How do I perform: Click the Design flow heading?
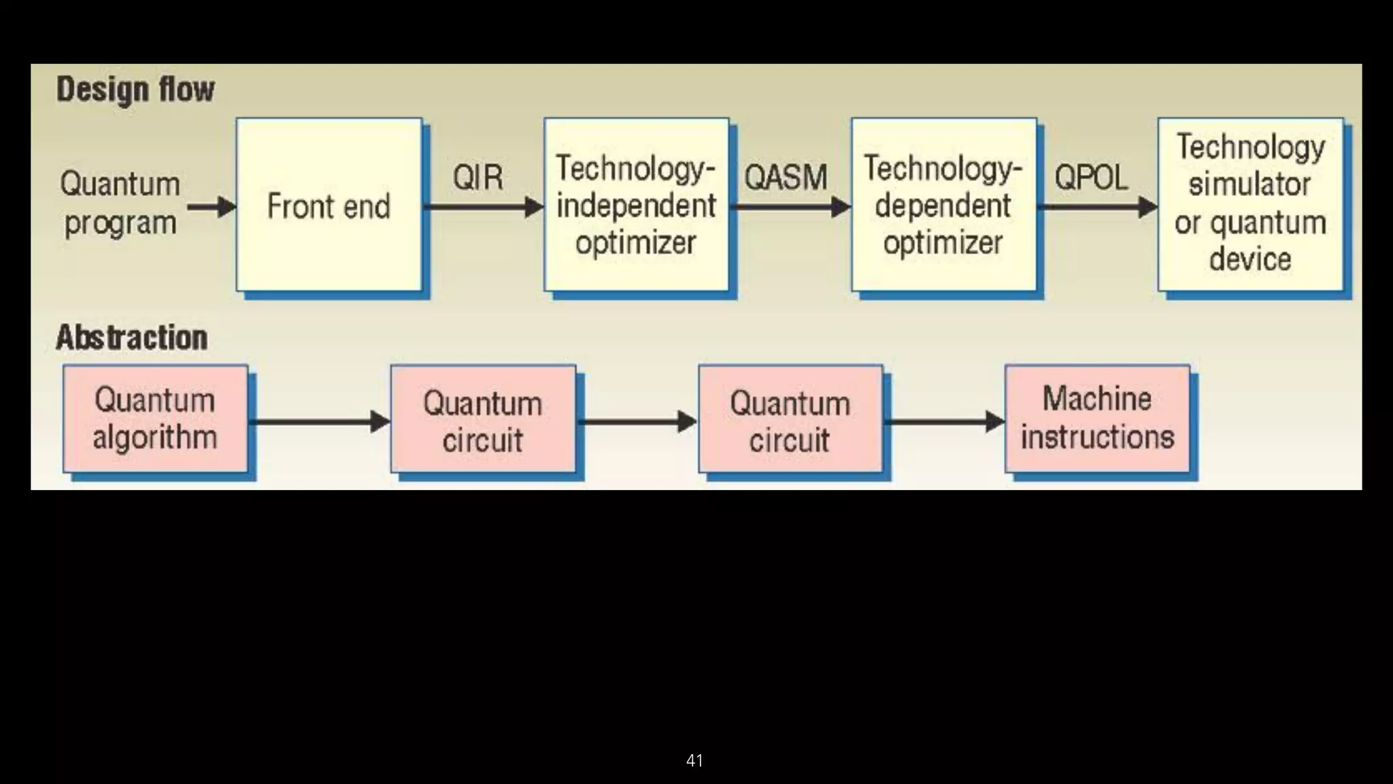[x=135, y=89]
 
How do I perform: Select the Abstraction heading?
[x=131, y=338]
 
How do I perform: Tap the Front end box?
[x=329, y=205]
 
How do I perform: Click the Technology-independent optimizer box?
[x=636, y=205]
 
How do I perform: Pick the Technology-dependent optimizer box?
[x=943, y=205]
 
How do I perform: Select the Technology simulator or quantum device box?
[x=1250, y=203]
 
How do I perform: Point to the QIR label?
[x=477, y=178]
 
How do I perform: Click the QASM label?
[x=786, y=178]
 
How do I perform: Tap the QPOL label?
[x=1091, y=178]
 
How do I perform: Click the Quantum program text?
[x=120, y=203]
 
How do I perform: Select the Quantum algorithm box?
[x=155, y=418]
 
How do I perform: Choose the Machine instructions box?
[x=1097, y=418]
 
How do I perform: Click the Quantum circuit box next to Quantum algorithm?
[x=483, y=421]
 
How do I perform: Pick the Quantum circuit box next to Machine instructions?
[x=790, y=421]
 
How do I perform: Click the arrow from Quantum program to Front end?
[x=211, y=206]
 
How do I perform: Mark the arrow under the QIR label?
[x=483, y=207]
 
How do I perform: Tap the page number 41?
[x=694, y=760]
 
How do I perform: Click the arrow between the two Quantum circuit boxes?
[x=637, y=422]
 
